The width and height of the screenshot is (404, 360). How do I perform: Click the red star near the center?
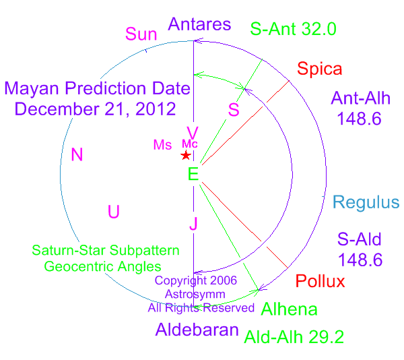click(186, 155)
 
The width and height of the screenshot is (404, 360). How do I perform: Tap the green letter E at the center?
click(193, 174)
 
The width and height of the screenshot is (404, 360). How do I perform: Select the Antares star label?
click(199, 24)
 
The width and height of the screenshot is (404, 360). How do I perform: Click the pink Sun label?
click(141, 34)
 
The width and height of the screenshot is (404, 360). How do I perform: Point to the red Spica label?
click(319, 69)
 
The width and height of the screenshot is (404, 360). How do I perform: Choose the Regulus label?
click(366, 202)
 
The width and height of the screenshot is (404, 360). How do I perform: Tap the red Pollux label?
click(320, 281)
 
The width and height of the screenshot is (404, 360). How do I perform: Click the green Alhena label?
click(289, 309)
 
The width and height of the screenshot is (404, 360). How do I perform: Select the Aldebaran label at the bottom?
click(197, 329)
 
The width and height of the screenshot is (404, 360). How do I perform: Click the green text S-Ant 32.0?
click(293, 29)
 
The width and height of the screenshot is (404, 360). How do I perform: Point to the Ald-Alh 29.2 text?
click(294, 337)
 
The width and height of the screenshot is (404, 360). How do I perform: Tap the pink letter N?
click(77, 154)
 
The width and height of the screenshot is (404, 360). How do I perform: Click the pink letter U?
click(114, 212)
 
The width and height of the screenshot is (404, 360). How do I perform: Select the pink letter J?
click(193, 223)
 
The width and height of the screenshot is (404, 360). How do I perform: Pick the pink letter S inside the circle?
click(234, 110)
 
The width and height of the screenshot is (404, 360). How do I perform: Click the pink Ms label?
click(162, 145)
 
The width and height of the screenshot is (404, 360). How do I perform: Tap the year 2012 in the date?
click(156, 109)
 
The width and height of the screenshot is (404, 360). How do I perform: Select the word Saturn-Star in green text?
click(69, 250)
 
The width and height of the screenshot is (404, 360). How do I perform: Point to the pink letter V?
click(193, 133)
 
